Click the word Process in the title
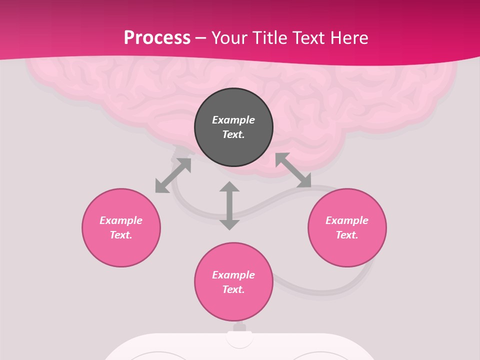click(x=157, y=38)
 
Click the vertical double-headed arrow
click(x=229, y=205)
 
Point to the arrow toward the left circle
click(x=173, y=175)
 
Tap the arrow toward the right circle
click(x=293, y=170)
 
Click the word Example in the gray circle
click(x=233, y=120)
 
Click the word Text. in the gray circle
click(x=233, y=134)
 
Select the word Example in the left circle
click(x=121, y=220)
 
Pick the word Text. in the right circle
click(x=347, y=235)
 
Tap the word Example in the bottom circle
click(x=233, y=275)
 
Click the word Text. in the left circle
click(x=121, y=235)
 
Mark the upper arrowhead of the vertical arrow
click(x=229, y=186)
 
